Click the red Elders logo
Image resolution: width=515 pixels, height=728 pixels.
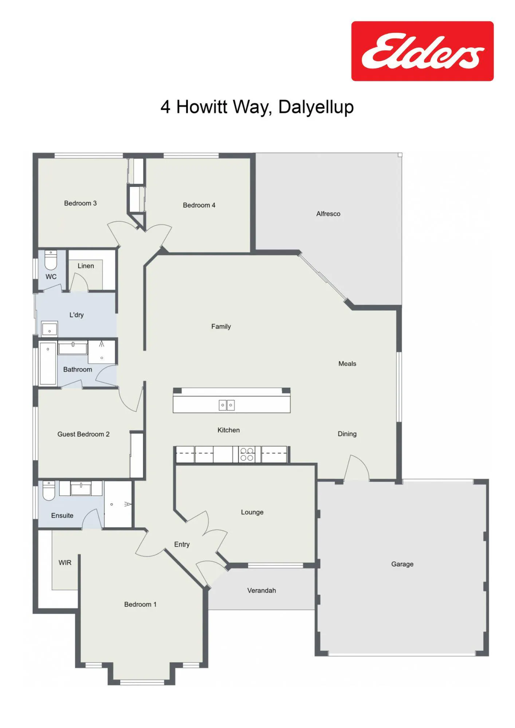point(422,51)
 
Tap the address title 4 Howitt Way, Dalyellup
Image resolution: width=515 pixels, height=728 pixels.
point(257,107)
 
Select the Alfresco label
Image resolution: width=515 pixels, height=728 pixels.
point(328,214)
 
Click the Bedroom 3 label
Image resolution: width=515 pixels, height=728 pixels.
point(80,203)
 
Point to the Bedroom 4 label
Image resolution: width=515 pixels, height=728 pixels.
point(199,205)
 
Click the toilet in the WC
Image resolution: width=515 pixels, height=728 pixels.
point(51,260)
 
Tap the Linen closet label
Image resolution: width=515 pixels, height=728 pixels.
point(86,266)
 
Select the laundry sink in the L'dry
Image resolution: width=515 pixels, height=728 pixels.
point(49,329)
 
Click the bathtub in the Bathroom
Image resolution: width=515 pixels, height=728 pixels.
point(48,363)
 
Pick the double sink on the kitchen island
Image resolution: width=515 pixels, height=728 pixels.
point(227,405)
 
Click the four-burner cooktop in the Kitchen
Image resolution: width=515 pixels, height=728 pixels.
point(247,454)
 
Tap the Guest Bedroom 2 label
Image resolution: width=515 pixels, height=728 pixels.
point(83,434)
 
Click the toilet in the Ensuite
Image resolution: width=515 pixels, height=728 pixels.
point(48,490)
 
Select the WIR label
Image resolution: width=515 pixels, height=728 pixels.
point(65,563)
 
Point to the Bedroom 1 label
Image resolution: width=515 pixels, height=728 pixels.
point(140,605)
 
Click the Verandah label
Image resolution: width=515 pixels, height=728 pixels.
point(262,591)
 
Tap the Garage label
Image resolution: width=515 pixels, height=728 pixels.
point(402,564)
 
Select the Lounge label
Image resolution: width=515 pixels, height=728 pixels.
point(252,513)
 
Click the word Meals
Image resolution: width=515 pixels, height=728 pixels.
point(347,364)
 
